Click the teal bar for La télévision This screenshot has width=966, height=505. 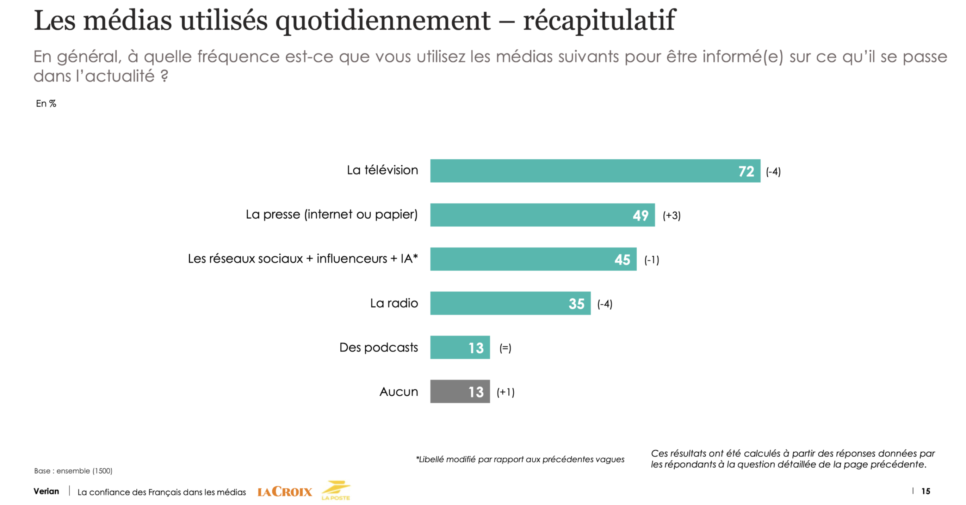pos(595,171)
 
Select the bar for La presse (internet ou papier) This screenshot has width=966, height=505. pos(542,215)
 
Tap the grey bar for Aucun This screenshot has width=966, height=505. pos(460,391)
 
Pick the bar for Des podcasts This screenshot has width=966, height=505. pos(460,347)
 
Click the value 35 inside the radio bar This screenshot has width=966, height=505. pos(576,304)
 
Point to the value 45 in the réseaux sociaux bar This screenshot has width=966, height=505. pos(622,260)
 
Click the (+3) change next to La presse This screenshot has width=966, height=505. pos(671,215)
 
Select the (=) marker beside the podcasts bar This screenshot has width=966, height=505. pos(505,348)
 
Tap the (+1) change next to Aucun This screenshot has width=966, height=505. pos(506,392)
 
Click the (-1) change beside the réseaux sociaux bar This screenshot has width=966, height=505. pos(651,260)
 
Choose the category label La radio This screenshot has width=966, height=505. pos(394,303)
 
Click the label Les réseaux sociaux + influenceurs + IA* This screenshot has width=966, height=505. pos(303,259)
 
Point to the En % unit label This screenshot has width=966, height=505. pos(46,104)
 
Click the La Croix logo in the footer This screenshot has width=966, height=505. pos(285,492)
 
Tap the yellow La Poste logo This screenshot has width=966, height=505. pos(336,490)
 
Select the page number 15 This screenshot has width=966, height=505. pos(925,491)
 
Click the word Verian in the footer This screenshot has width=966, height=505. pos(46,491)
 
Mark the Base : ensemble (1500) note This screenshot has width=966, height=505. pos(73,471)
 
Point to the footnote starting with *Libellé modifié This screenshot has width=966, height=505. pos(520,459)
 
